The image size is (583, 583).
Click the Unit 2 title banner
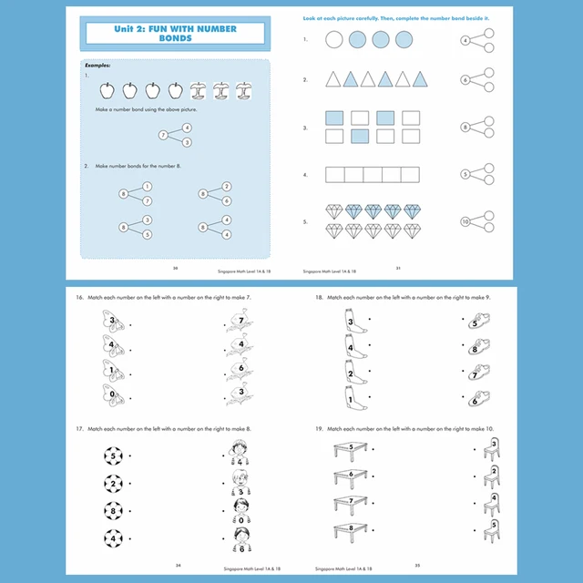[175, 35]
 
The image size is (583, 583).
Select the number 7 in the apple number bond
[164, 135]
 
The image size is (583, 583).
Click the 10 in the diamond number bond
[465, 221]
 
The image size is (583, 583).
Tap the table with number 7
[349, 502]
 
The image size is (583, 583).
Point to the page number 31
[398, 268]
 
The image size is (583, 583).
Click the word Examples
[97, 66]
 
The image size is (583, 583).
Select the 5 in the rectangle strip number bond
[465, 174]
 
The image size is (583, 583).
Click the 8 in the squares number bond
[465, 128]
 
